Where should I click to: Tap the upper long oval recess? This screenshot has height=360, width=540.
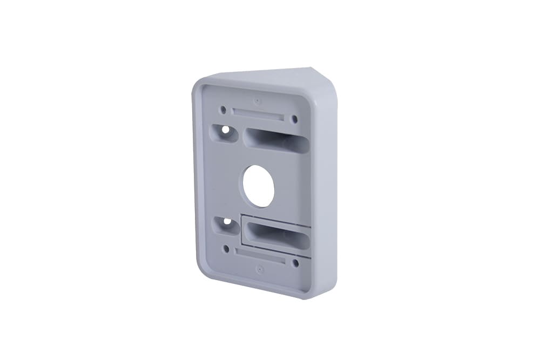pos(275,140)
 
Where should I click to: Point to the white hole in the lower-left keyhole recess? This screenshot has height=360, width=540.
pos(227,221)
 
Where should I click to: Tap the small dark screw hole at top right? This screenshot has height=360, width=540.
pos(294,119)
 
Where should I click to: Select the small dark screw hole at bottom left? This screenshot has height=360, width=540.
pos(226,249)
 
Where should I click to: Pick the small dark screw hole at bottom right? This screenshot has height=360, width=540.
pos(295,263)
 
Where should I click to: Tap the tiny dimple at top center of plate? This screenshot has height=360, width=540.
pos(258,101)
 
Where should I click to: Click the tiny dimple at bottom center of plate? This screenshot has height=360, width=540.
pos(260,268)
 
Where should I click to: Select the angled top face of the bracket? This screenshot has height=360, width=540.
pos(270,77)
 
